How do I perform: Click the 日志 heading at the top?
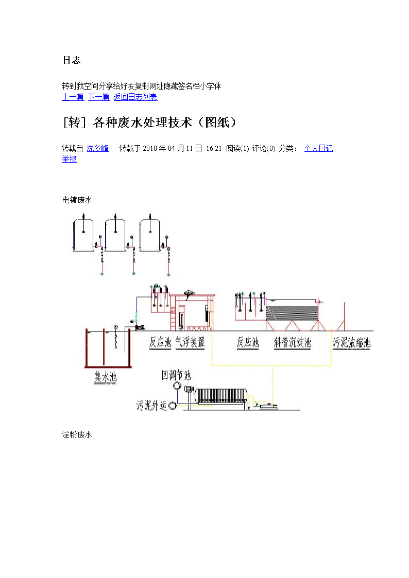tap(72, 60)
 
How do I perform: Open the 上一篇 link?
tap(73, 97)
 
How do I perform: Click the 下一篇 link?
tap(99, 97)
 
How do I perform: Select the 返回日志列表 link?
tap(135, 97)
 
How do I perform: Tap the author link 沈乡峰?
tap(98, 148)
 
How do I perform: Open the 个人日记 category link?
tap(319, 148)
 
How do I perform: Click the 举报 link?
tap(70, 159)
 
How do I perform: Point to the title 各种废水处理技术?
tap(143, 122)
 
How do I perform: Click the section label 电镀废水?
tap(77, 200)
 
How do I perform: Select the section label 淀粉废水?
tap(77, 434)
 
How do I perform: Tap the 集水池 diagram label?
tap(106, 376)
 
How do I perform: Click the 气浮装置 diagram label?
tap(190, 342)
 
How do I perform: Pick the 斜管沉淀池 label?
tap(293, 342)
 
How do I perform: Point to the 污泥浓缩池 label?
tap(351, 342)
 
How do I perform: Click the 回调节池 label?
tap(176, 375)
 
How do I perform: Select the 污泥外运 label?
tap(151, 406)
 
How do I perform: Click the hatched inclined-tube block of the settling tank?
tap(292, 313)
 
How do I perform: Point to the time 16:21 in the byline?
tap(214, 149)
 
